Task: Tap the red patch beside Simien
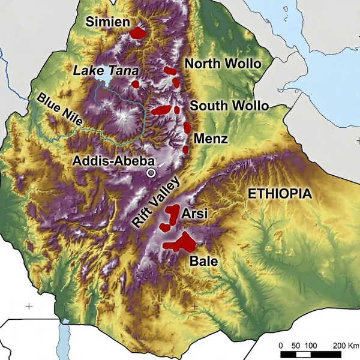click(138, 32)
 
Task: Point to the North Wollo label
click(222, 64)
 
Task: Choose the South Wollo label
click(229, 106)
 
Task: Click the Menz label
click(211, 139)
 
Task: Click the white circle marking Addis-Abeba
click(151, 173)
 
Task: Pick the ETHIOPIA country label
click(281, 194)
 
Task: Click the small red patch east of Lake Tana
click(136, 83)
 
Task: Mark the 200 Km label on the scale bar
click(344, 346)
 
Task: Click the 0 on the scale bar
click(283, 346)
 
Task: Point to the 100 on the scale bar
click(311, 346)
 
